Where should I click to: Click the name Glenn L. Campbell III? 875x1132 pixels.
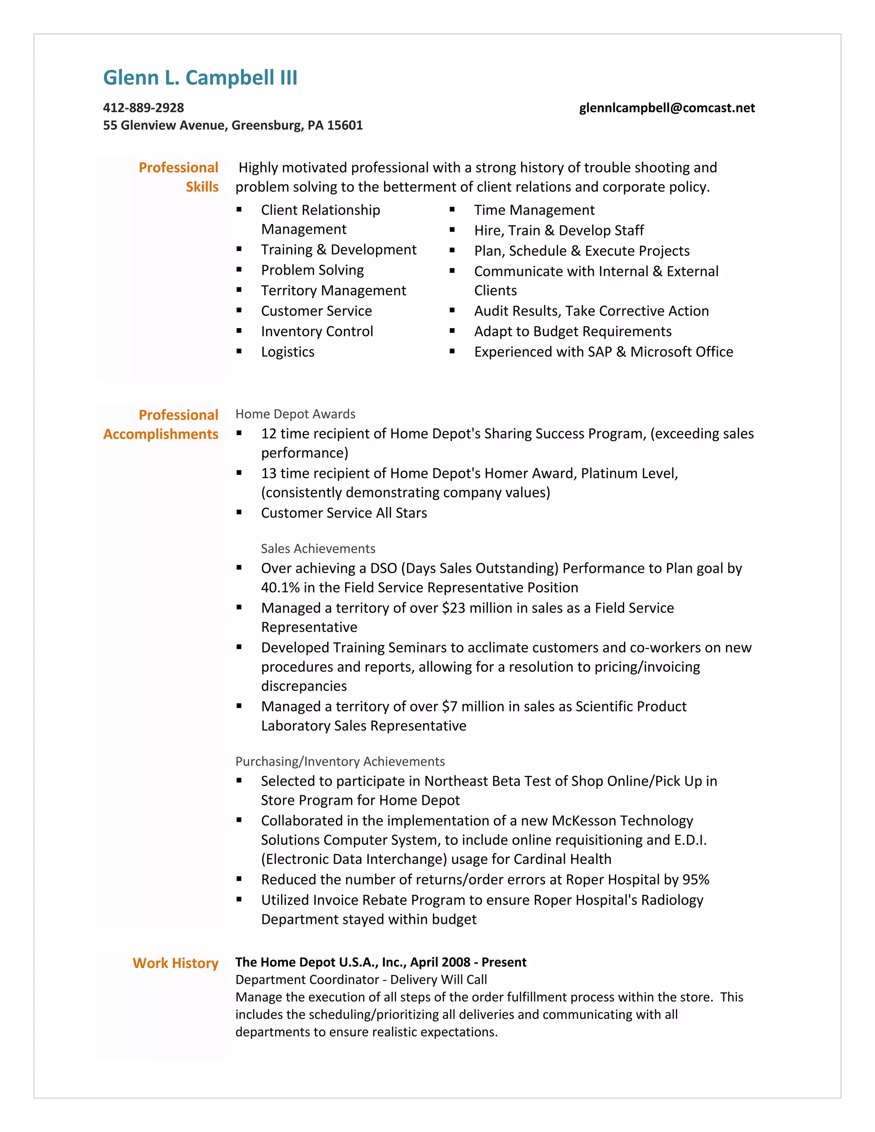tap(200, 78)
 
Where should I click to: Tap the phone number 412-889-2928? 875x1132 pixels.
tap(143, 108)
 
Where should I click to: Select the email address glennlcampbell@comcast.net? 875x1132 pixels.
tap(667, 108)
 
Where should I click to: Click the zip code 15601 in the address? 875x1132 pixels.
tap(345, 126)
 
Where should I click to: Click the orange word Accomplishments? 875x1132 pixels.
tap(161, 434)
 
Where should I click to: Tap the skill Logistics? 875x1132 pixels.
tap(288, 352)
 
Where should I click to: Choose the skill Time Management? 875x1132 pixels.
tap(534, 210)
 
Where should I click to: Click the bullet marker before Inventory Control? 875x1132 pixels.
tap(239, 331)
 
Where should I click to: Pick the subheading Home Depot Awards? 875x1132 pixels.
tap(295, 414)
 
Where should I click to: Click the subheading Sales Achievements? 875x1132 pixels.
tap(318, 548)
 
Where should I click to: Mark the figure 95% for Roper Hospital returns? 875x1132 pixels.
tap(696, 880)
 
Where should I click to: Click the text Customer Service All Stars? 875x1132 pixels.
tap(344, 513)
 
